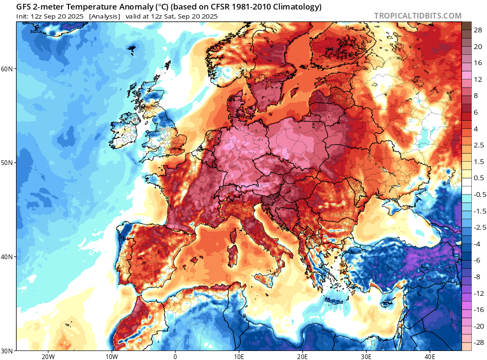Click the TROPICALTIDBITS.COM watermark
418,16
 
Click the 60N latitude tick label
7,69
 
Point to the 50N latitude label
7,163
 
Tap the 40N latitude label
7,257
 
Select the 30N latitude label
7,350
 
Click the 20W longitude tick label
48,356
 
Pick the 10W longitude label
111,356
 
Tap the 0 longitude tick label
175,356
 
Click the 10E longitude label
239,356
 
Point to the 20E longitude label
302,356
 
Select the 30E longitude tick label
366,356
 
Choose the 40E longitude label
430,356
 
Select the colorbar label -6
477,260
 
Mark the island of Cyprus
389,302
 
